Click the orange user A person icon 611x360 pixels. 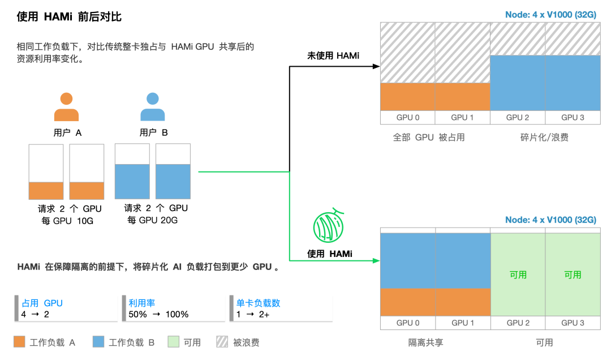click(66, 108)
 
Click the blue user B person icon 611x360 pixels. click(152, 108)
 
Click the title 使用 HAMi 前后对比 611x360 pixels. click(69, 17)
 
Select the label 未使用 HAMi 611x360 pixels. click(333, 55)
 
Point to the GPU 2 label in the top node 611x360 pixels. click(518, 118)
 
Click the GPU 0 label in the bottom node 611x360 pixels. click(408, 323)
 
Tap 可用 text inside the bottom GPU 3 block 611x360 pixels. click(573, 275)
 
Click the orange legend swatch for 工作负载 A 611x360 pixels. click(19, 342)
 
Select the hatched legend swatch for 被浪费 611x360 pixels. click(222, 342)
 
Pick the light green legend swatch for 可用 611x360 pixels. click(174, 342)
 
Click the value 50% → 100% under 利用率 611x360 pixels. click(158, 314)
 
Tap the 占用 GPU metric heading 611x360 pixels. click(42, 303)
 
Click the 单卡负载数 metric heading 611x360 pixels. click(258, 303)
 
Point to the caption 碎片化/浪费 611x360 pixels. click(545, 137)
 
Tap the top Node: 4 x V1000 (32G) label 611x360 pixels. click(550, 15)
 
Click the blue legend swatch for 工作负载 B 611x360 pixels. click(98, 342)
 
